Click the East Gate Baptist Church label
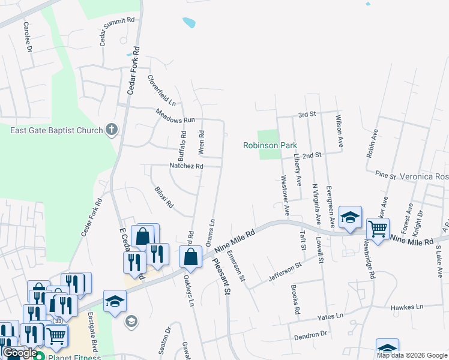56,130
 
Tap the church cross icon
111,129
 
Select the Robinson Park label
270,145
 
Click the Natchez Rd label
187,166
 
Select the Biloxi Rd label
164,197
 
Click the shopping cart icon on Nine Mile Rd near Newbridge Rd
378,229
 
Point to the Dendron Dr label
310,334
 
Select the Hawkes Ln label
408,308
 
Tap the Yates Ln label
331,316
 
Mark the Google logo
19,353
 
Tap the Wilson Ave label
340,131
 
